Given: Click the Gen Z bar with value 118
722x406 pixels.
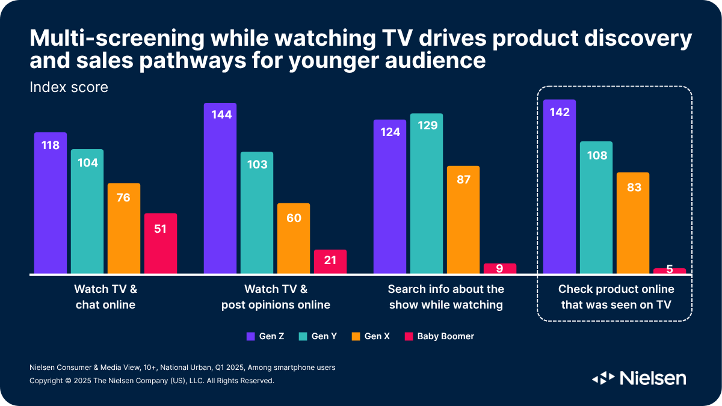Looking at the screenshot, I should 50,203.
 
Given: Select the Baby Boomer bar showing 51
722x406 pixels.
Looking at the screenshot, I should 161,243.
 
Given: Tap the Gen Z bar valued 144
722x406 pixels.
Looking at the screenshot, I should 220,188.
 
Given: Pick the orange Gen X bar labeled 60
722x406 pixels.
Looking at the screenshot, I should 294,238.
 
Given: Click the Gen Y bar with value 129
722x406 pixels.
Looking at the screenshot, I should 427,193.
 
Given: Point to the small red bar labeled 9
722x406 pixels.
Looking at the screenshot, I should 500,268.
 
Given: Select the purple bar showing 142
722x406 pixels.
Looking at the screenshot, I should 559,186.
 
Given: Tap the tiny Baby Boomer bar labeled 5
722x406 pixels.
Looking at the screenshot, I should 670,271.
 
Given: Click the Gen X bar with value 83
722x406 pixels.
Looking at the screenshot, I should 633,223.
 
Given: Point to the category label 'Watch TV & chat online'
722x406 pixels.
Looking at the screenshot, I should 105,297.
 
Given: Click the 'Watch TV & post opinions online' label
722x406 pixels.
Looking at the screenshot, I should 276,297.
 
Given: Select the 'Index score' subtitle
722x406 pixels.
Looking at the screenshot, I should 69,87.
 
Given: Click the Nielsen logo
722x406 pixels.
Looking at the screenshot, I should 639,378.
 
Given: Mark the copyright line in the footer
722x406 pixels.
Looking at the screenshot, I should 152,381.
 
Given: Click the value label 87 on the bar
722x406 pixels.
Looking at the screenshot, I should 463,179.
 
